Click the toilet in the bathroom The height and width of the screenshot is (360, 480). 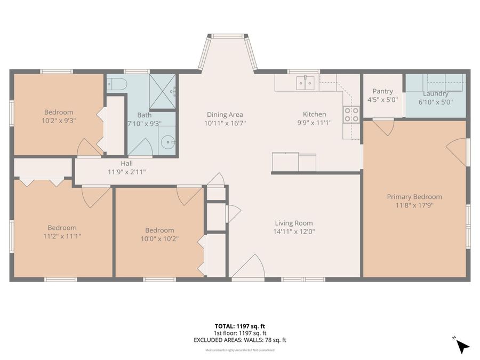click(116, 84)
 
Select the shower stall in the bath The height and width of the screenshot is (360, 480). click(162, 92)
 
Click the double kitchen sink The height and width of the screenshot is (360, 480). click(306, 83)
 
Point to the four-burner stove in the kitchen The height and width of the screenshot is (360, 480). click(351, 115)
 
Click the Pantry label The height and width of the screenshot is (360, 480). click(382, 91)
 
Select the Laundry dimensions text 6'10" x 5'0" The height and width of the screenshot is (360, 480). click(435, 101)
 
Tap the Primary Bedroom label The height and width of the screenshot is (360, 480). click(414, 197)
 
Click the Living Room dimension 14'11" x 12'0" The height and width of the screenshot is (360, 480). click(294, 232)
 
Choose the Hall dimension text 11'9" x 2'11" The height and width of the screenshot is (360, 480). click(126, 172)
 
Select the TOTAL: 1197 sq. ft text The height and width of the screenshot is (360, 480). click(239, 325)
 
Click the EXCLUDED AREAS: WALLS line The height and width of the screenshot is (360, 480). click(239, 340)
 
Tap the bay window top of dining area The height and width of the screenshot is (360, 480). click(228, 37)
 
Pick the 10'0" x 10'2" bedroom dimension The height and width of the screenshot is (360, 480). click(159, 239)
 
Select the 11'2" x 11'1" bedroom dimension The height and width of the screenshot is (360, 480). click(62, 236)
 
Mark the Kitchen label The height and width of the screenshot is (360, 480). click(314, 114)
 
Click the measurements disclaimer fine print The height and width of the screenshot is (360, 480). click(239, 350)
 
